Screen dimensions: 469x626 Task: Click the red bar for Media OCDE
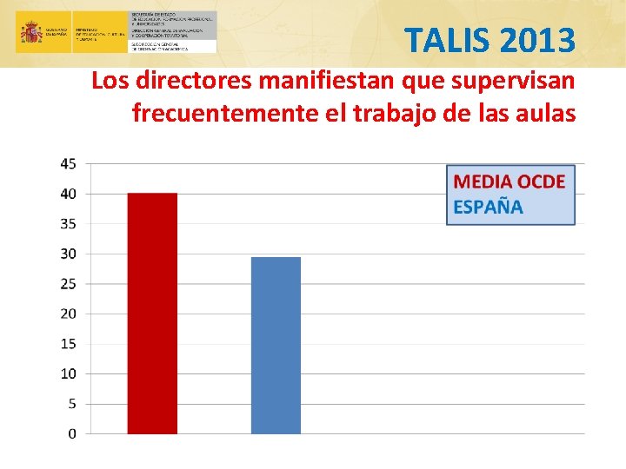tap(152, 314)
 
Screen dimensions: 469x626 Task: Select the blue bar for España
tap(276, 346)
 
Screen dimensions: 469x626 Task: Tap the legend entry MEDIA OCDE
tap(509, 182)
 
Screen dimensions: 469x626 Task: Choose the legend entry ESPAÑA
tap(488, 208)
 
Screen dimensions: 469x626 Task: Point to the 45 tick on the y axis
tap(68, 163)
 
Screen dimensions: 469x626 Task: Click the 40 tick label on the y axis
tap(68, 194)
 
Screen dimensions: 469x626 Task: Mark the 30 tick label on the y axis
tap(68, 254)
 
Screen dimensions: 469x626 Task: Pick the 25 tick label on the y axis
tap(68, 284)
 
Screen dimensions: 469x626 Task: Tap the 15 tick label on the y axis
tap(68, 344)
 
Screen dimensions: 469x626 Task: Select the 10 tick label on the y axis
tap(68, 373)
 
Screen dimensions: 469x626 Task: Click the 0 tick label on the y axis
tap(71, 433)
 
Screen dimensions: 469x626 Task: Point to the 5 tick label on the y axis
tap(71, 404)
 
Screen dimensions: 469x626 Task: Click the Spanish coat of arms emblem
tap(32, 33)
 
